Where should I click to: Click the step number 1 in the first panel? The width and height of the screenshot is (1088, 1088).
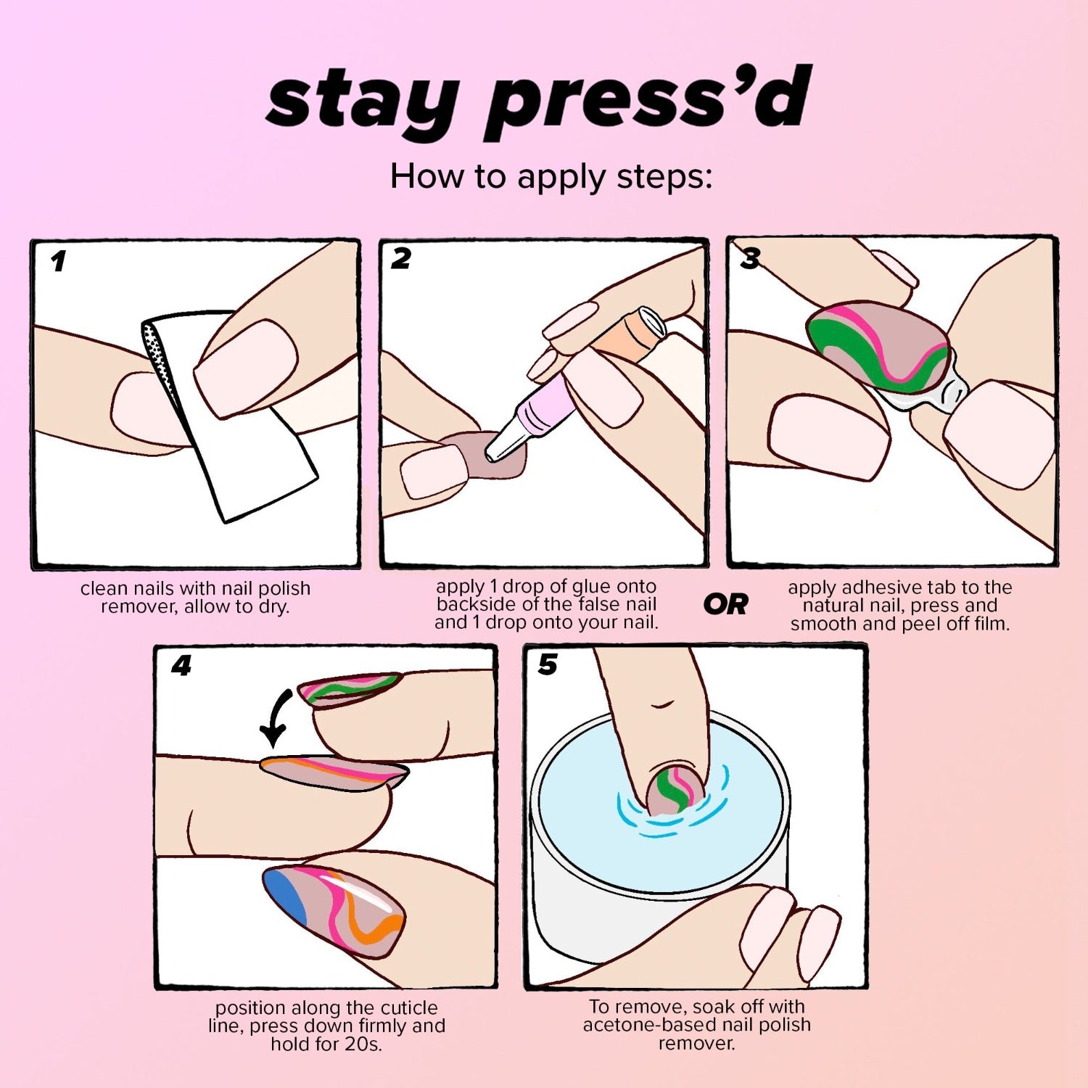[59, 261]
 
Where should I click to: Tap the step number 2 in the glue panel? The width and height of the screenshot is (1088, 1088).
[400, 259]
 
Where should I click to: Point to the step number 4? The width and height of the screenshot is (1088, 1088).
[181, 665]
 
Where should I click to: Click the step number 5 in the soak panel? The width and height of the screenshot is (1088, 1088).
[548, 664]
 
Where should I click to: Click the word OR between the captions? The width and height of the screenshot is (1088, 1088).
[725, 604]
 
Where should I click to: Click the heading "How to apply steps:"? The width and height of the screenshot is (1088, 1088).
[551, 176]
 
